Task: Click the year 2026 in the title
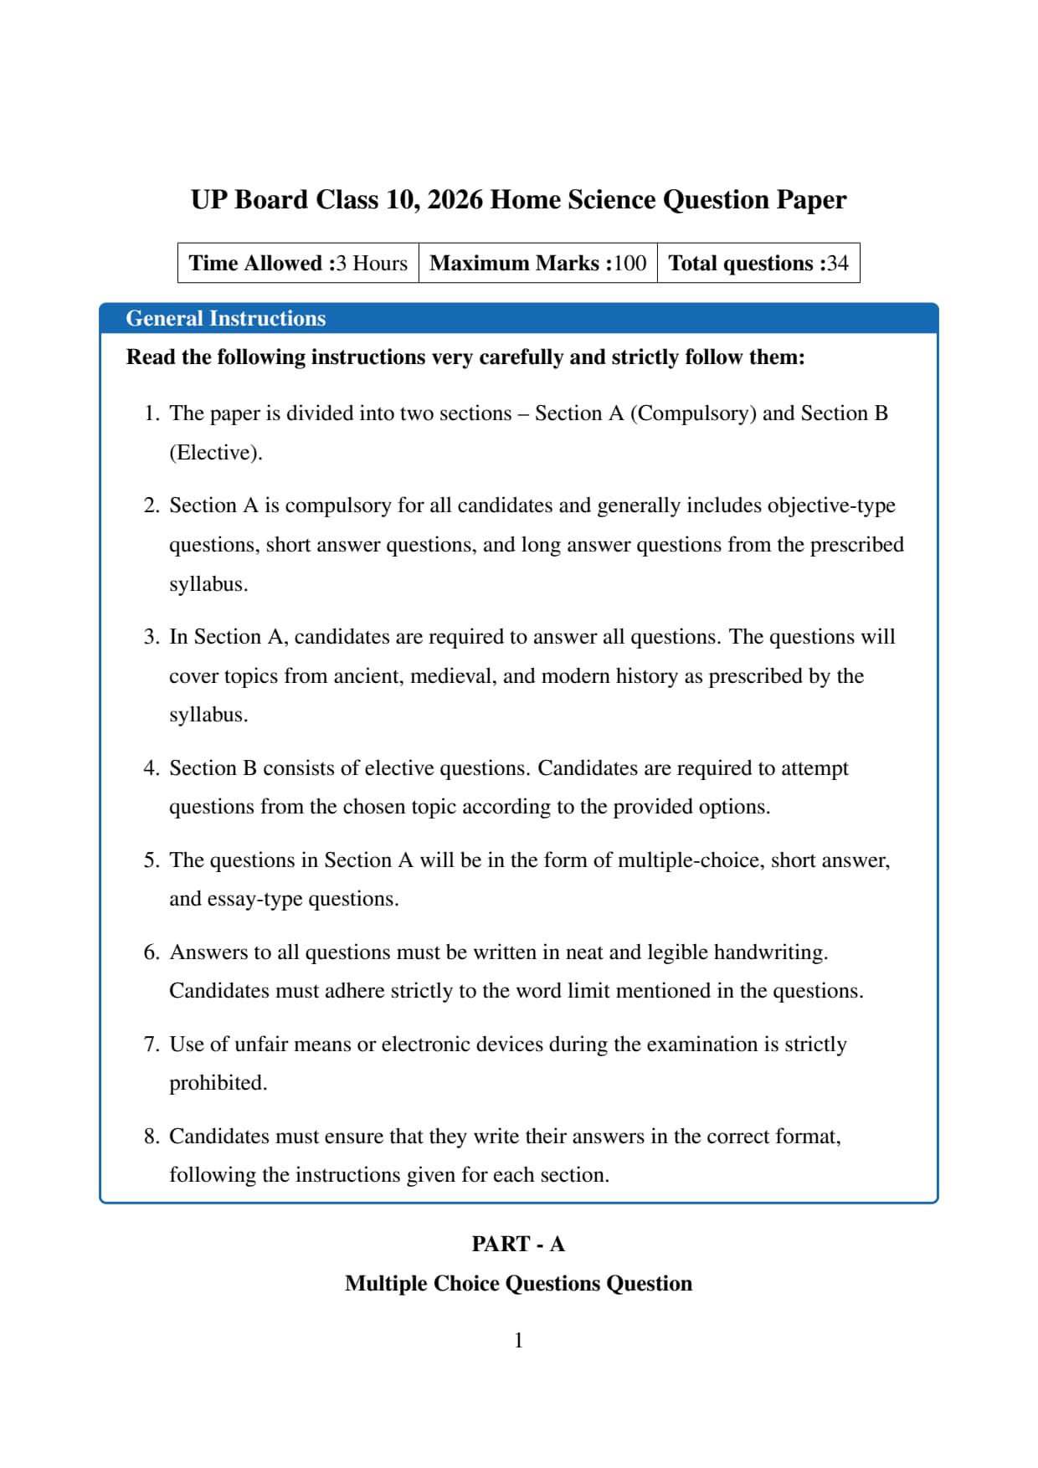coord(455,200)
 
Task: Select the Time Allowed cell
coord(298,264)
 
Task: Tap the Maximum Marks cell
coord(537,264)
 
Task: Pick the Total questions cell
coord(758,264)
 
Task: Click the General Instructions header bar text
coord(225,319)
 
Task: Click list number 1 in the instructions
coord(151,413)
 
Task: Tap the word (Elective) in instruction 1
coord(216,453)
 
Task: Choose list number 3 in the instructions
coord(151,637)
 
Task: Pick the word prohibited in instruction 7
coord(218,1083)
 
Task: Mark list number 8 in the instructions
coord(151,1137)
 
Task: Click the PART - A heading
coord(518,1245)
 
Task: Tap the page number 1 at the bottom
coord(518,1341)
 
